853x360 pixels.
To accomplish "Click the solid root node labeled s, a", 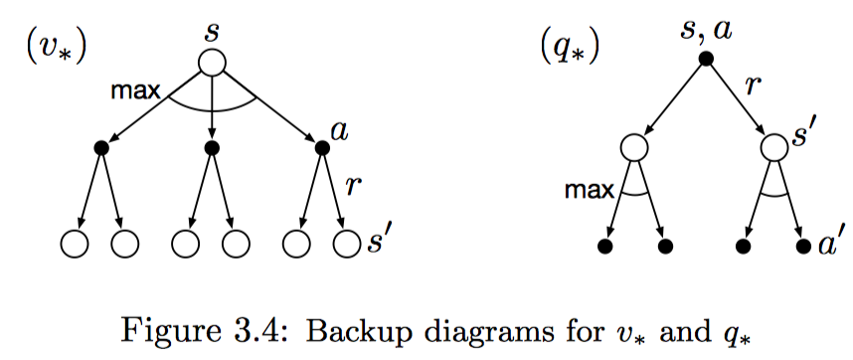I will tap(705, 60).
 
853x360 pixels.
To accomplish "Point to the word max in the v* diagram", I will tap(136, 92).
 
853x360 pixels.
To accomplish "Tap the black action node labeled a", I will tap(321, 147).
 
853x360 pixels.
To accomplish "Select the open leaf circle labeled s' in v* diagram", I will tap(343, 243).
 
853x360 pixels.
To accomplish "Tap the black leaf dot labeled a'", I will tap(802, 244).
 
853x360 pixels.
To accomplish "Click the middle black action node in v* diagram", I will tap(211, 147).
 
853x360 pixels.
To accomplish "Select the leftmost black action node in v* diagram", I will tap(100, 147).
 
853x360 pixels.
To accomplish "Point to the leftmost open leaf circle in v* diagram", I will tap(73, 243).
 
